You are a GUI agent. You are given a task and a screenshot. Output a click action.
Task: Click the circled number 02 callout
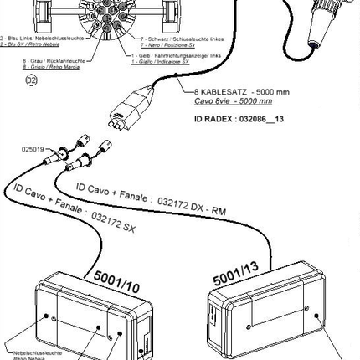point(32,80)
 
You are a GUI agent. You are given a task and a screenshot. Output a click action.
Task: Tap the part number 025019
point(33,150)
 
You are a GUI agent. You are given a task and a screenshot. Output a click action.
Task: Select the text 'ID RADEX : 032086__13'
point(239,120)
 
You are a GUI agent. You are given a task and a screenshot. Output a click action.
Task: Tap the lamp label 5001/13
point(235,273)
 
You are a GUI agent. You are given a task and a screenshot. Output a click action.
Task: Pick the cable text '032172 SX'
point(113,222)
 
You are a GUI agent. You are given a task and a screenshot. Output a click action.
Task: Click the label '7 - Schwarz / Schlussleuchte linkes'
point(171,39)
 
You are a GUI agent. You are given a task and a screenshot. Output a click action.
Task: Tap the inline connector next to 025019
point(59,156)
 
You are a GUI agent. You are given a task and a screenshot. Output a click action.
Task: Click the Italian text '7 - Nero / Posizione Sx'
point(162,44)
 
